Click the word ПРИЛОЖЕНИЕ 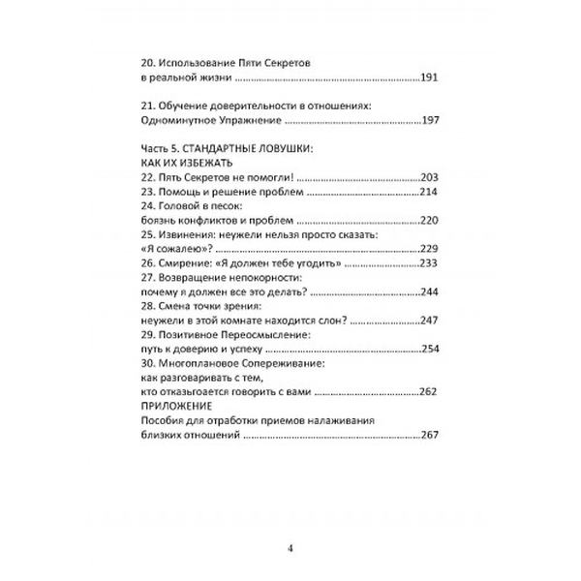tap(178, 407)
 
